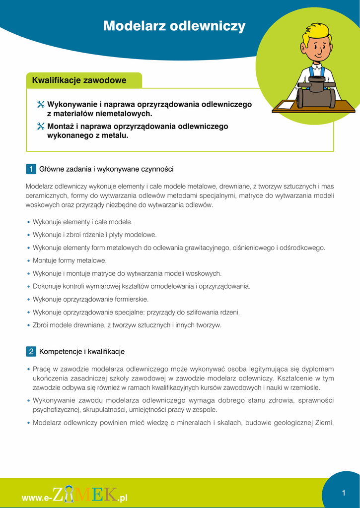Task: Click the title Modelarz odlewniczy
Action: click(174, 26)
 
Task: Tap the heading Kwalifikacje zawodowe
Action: click(79, 80)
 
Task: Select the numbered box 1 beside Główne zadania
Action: click(31, 169)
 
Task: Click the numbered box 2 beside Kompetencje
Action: click(31, 352)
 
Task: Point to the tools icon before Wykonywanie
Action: click(41, 105)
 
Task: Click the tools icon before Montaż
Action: click(41, 127)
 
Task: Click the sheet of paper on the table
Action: click(286, 106)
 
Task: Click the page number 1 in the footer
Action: click(343, 493)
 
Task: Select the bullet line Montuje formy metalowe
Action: click(70, 260)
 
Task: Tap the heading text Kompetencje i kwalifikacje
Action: click(82, 352)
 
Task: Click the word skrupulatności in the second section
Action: click(101, 410)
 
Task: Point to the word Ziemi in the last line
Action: click(324, 423)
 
